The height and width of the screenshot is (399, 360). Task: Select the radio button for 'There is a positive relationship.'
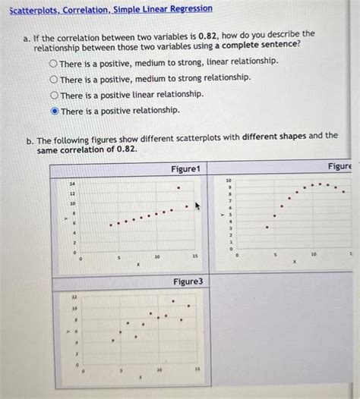tap(54, 111)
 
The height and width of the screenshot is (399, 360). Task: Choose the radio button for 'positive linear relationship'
tap(54, 95)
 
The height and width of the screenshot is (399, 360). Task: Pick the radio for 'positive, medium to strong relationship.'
tap(54, 79)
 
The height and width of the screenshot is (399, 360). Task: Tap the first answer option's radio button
tap(54, 61)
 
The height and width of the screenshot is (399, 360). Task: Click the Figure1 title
tap(185, 168)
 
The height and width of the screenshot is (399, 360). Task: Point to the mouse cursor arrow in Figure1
tap(197, 205)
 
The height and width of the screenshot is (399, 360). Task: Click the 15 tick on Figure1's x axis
tap(195, 257)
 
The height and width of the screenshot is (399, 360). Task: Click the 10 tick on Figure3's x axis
tap(159, 369)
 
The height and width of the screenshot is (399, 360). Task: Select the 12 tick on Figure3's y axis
tap(73, 297)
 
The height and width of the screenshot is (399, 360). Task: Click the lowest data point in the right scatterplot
tap(267, 227)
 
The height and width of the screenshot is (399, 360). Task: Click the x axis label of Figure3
tap(140, 376)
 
